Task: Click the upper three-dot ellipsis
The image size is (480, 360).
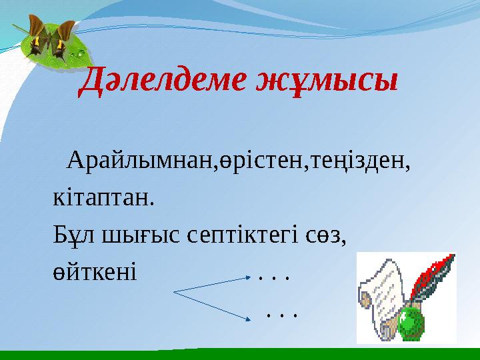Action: coord(273,276)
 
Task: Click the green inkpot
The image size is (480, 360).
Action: coord(411,323)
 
